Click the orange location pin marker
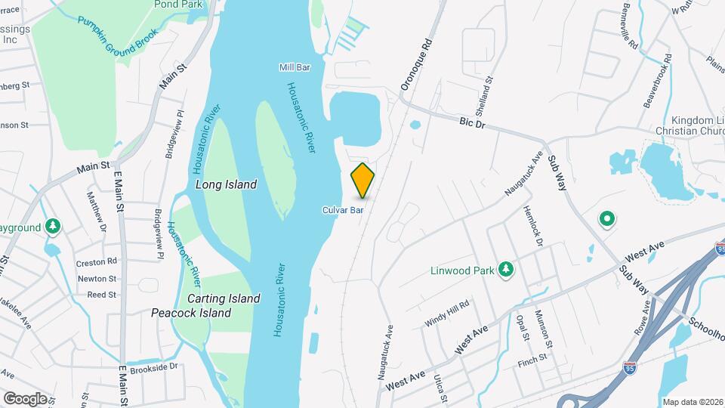tap(363, 181)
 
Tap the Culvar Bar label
tap(344, 210)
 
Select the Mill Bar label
tap(295, 67)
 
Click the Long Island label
tap(226, 184)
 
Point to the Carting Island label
tap(224, 298)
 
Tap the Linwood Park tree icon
tap(505, 270)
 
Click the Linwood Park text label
tap(461, 270)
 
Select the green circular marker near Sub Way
tap(606, 220)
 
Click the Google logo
tap(25, 398)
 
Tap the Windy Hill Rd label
tap(447, 313)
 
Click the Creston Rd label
tap(97, 262)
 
